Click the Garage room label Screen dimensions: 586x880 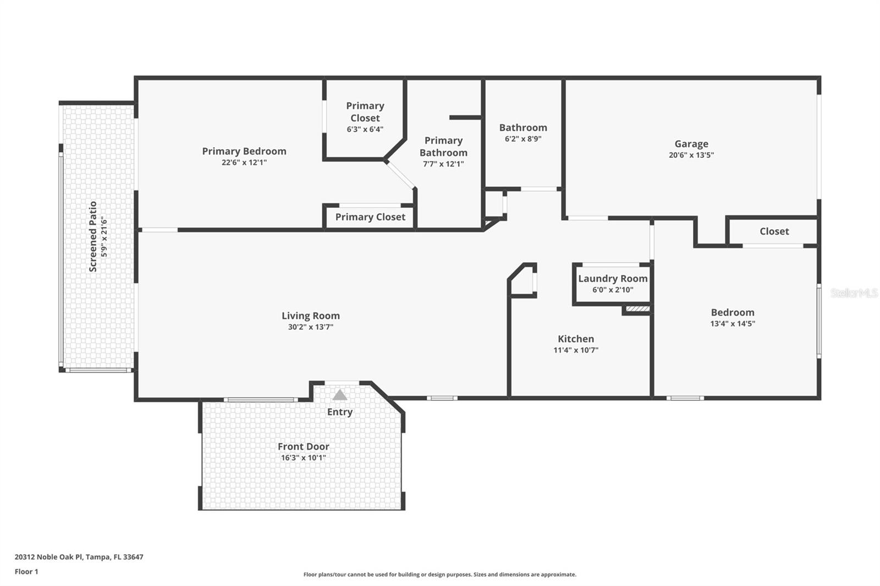click(691, 144)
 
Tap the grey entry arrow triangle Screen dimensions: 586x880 click(340, 395)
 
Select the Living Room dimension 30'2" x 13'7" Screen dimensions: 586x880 click(310, 327)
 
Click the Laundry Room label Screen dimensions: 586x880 click(613, 279)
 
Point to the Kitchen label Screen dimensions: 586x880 click(576, 339)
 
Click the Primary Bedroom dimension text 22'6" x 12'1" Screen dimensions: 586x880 click(244, 163)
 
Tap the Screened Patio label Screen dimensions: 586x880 click(93, 236)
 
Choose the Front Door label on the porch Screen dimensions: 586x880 click(303, 447)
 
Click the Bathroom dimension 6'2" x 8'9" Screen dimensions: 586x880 click(523, 139)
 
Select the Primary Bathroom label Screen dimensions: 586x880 click(443, 147)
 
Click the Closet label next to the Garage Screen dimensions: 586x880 click(774, 231)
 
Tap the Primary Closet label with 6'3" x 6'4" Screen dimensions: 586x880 click(365, 112)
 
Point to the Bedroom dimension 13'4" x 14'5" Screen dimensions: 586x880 click(732, 324)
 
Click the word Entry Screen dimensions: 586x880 click(340, 412)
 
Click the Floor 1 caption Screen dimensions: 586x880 click(26, 572)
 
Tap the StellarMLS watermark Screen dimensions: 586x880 click(854, 293)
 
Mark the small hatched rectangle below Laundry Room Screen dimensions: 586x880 click(637, 309)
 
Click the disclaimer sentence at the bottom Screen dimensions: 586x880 click(439, 574)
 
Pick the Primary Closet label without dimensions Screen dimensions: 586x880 click(370, 217)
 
